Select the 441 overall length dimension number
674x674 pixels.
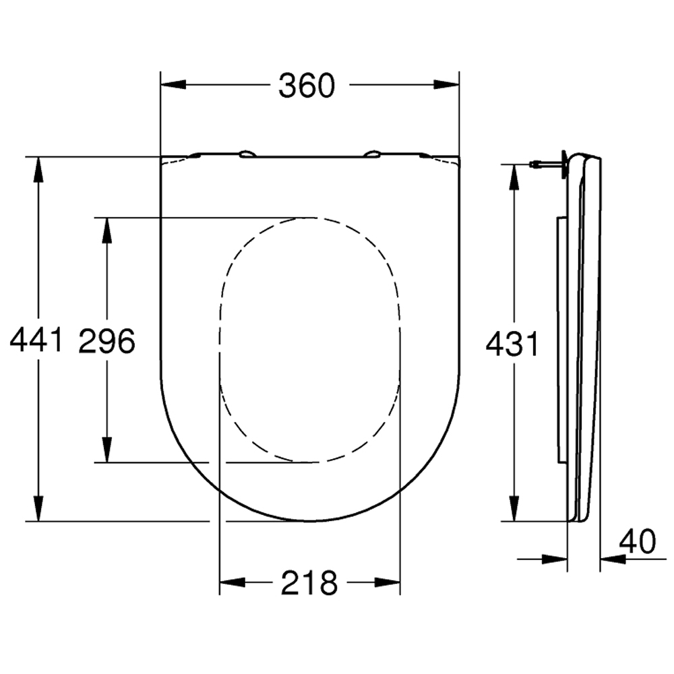(x=36, y=340)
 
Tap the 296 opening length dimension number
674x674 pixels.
(x=107, y=340)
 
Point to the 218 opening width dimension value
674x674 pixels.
(x=309, y=582)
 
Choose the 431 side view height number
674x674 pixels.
(x=512, y=344)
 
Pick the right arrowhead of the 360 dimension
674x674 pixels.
(x=446, y=85)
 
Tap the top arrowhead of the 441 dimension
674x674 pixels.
(x=39, y=170)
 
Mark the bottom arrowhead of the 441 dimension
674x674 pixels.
(x=39, y=508)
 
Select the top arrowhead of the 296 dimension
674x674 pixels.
(x=106, y=231)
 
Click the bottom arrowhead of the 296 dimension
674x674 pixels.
(x=106, y=450)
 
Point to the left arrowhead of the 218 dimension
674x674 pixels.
(x=233, y=582)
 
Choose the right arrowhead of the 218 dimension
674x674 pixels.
(x=388, y=582)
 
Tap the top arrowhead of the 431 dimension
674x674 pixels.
(x=514, y=176)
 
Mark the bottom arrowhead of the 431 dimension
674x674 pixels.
(x=514, y=508)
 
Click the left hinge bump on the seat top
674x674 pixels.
(x=247, y=154)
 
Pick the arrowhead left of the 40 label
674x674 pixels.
(x=555, y=559)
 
